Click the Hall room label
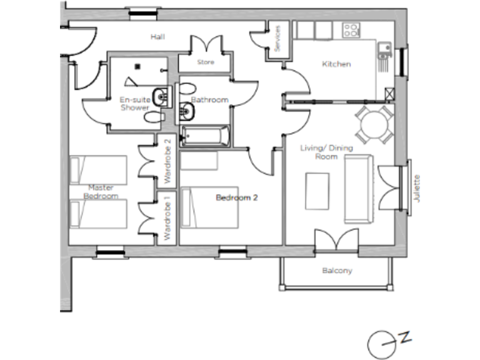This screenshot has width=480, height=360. click(x=157, y=37)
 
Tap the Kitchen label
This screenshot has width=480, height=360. click(x=336, y=64)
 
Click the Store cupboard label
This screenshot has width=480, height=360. click(x=206, y=62)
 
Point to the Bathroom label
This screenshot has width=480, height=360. click(x=210, y=100)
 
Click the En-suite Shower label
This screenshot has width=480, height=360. click(x=134, y=103)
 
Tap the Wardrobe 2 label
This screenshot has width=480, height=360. click(x=166, y=161)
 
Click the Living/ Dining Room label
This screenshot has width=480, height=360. click(x=326, y=152)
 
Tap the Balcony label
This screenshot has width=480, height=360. click(x=337, y=271)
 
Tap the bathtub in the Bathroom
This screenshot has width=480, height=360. click(x=206, y=136)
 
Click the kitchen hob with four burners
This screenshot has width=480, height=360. click(x=351, y=29)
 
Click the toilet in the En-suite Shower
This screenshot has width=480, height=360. click(x=152, y=117)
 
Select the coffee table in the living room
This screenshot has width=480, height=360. click(x=318, y=191)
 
